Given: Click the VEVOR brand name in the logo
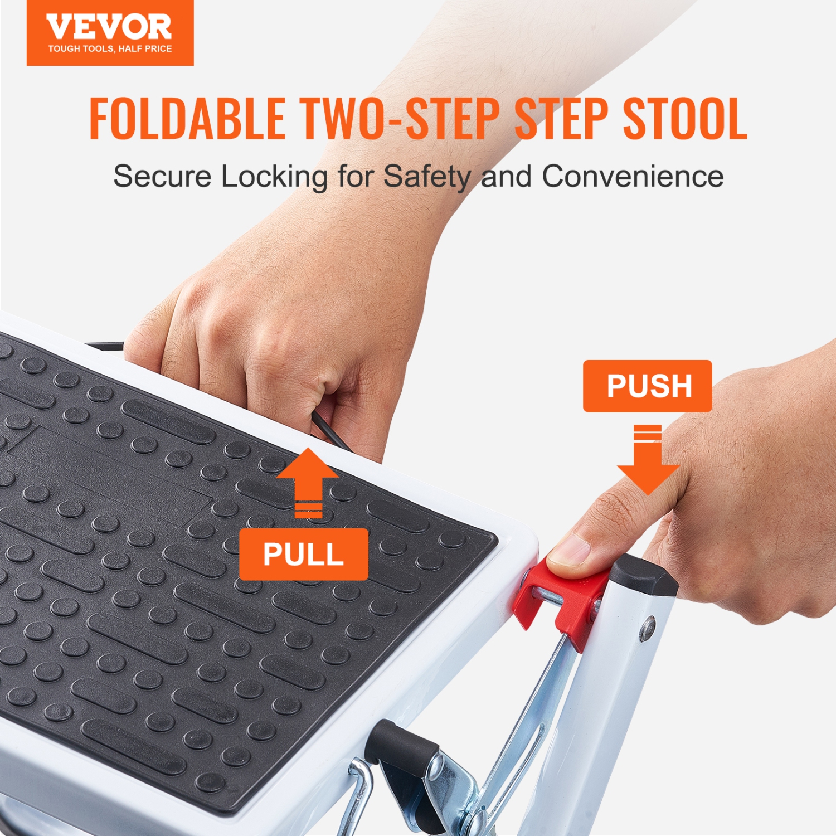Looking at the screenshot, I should [109, 27].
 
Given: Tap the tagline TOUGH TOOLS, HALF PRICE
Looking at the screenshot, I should [110, 49].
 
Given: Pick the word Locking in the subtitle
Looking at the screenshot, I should [275, 177].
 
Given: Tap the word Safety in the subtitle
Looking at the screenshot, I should [427, 177].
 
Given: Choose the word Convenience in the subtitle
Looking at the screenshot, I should [633, 177].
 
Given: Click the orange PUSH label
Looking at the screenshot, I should [648, 386].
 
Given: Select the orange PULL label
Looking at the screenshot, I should [304, 554].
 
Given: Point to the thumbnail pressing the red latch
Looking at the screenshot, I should [570, 550].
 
